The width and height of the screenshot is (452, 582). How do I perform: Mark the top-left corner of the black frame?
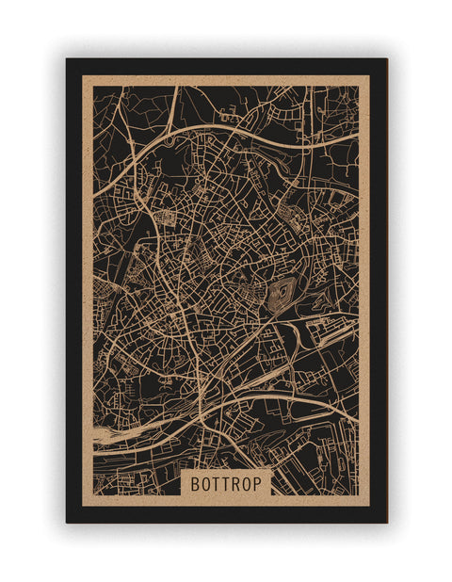point(66,59)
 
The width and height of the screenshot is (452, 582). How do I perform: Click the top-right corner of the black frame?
point(387,59)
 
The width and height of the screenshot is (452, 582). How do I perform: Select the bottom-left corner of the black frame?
point(66,523)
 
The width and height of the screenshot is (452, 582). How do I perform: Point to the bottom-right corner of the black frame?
point(387,523)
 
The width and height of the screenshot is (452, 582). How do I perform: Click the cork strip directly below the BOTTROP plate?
point(227,500)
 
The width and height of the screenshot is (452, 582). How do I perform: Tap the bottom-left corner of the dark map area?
point(93,495)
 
